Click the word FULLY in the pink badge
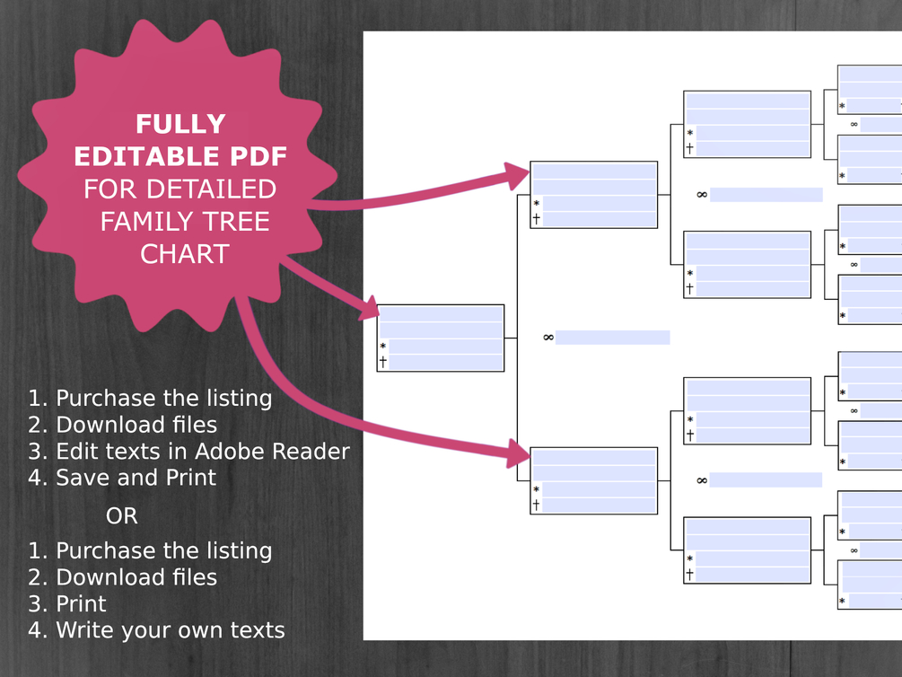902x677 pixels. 180,124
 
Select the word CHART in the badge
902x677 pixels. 184,254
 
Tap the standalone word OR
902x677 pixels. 122,516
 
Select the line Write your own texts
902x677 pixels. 156,630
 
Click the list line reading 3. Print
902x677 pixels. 67,603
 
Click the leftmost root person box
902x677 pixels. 440,338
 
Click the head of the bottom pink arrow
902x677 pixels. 519,453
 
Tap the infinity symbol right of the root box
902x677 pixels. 547,338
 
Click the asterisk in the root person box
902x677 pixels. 383,347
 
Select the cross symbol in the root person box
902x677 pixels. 383,362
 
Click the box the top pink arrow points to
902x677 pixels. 594,195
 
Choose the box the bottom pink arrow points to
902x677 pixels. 594,480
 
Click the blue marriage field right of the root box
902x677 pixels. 612,338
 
